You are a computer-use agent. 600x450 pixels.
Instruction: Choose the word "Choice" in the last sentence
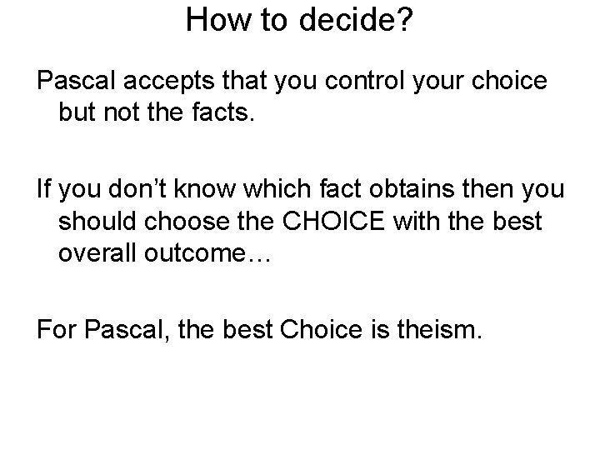pyautogui.click(x=317, y=332)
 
